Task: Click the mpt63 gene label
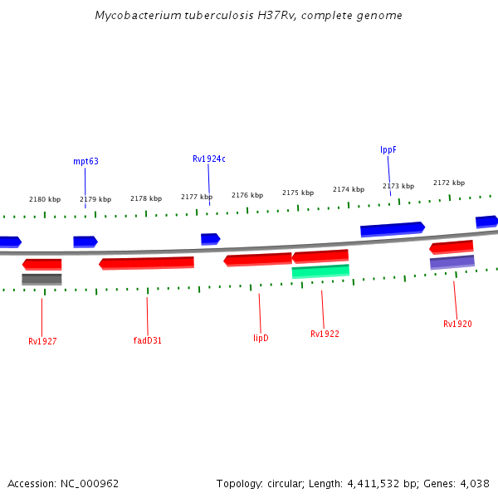coord(85,161)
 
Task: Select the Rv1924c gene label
coord(209,159)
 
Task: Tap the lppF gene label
coord(388,149)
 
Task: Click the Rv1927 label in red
coord(42,341)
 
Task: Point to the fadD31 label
coord(148,340)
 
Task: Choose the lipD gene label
coord(261,338)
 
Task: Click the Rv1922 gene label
coord(325,334)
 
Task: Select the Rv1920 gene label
coord(457,324)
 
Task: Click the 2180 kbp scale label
coord(45,199)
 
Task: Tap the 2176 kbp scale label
coord(247,195)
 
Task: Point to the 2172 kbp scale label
coord(449,183)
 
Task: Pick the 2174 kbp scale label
coord(349,189)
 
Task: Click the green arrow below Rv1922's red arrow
coord(320,271)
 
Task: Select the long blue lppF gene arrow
coord(392,228)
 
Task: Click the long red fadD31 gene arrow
coord(147,263)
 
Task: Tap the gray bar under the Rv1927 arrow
coord(41,279)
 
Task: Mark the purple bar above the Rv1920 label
coord(452,262)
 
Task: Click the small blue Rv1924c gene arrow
coord(210,239)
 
